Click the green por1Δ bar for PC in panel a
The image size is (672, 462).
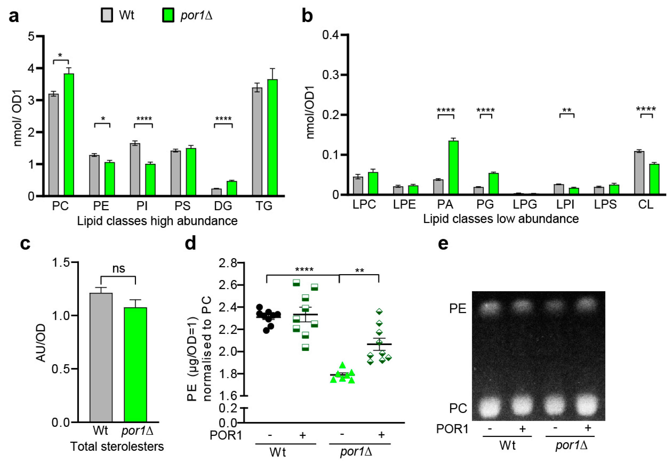69,135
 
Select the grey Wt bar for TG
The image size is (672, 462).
257,142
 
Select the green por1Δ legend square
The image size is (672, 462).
168,15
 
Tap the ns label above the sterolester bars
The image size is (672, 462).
118,269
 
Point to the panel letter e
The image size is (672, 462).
443,244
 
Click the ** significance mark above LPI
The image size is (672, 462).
567,110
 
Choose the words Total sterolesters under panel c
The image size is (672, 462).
117,446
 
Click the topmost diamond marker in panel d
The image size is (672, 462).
379,312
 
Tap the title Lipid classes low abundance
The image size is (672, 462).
501,219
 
